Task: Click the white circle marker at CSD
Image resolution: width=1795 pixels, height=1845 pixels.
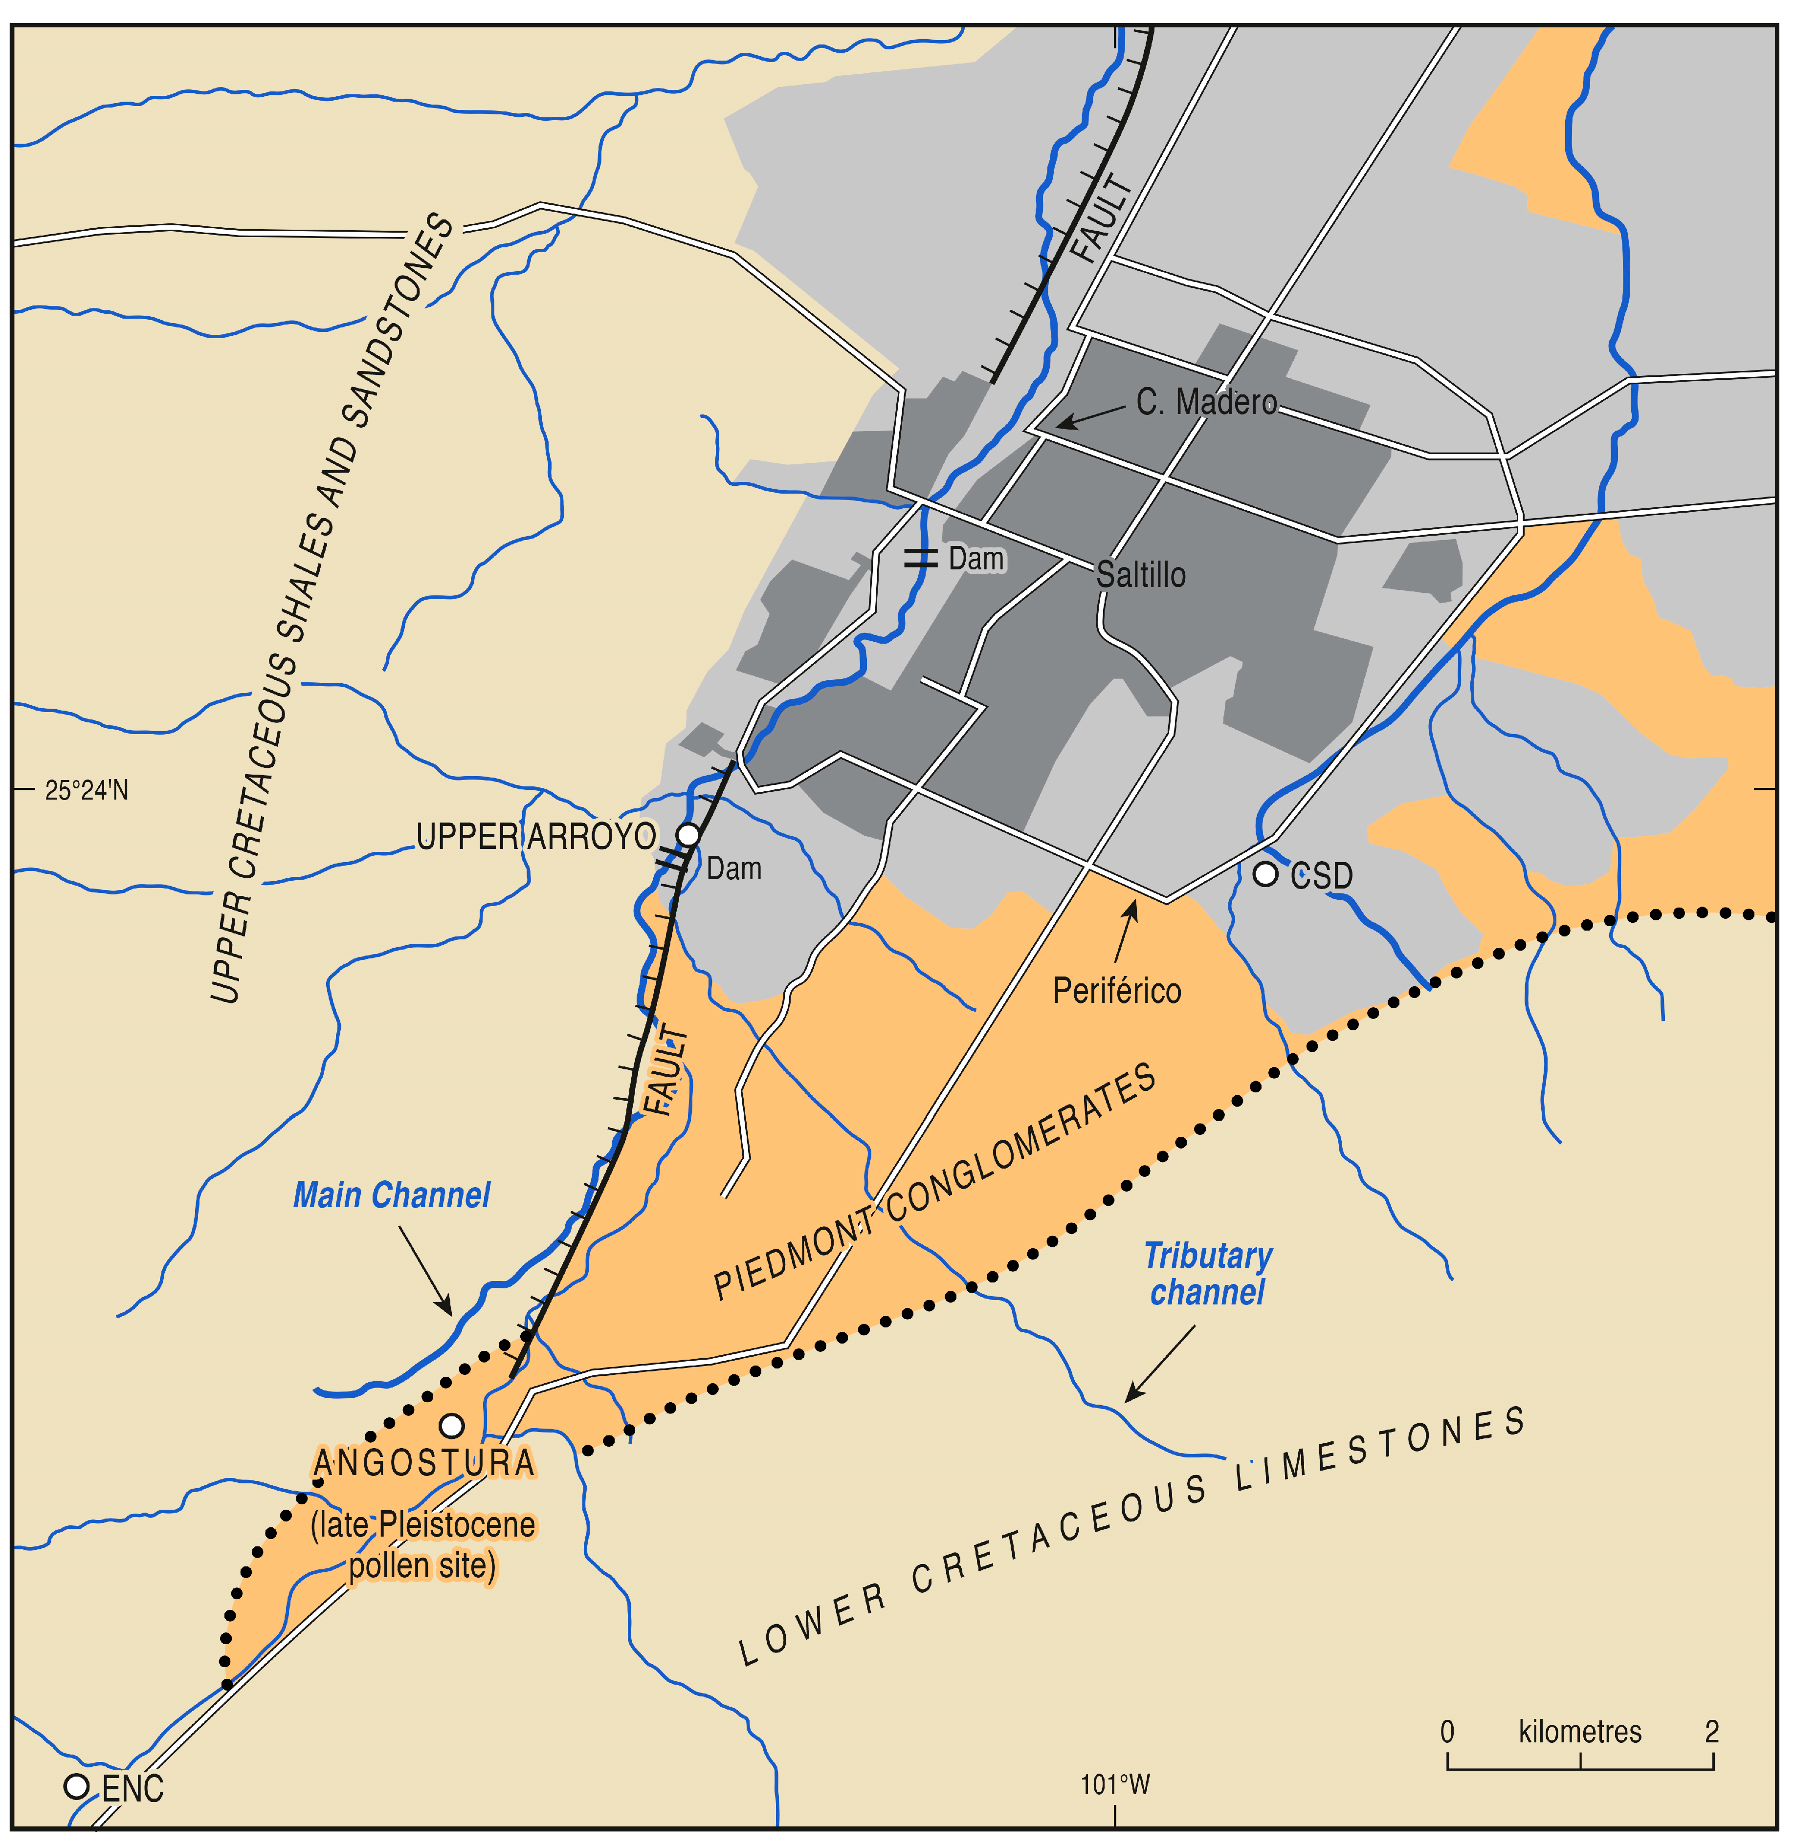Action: [1264, 874]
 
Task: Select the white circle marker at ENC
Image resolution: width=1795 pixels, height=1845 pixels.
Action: [76, 1786]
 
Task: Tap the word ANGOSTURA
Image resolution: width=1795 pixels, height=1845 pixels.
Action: [424, 1463]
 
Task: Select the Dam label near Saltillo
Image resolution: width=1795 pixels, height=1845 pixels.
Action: [976, 559]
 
